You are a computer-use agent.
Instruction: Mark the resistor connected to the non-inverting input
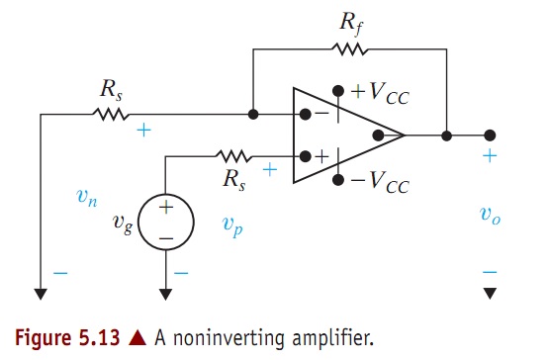[x=235, y=154]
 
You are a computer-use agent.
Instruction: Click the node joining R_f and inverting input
[x=254, y=115]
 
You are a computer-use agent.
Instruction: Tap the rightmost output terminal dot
[x=490, y=135]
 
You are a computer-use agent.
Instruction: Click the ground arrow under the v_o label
[x=490, y=293]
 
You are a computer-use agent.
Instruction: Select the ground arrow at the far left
[x=42, y=293]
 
